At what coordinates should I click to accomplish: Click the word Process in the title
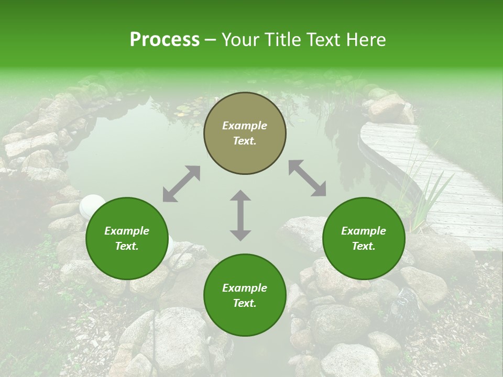pos(165,40)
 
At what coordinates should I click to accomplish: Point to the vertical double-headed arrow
pos(240,215)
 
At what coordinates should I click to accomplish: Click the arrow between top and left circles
pos(181,184)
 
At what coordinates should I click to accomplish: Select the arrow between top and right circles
pos(307,178)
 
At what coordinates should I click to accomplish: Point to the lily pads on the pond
pos(183,110)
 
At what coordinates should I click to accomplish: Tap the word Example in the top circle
pos(245,126)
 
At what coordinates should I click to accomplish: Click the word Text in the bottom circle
pos(244,303)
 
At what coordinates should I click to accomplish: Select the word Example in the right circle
pos(364,231)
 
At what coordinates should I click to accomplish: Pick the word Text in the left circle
pos(127,246)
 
